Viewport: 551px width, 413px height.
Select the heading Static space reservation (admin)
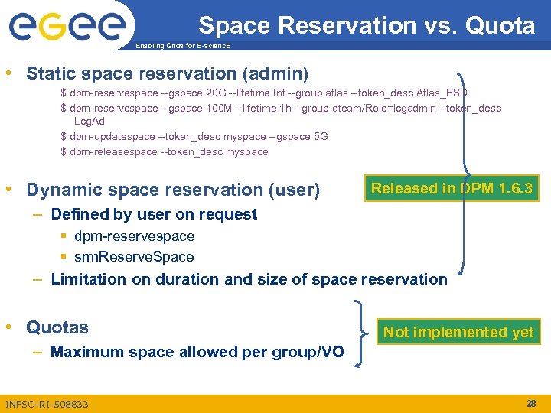[167, 73]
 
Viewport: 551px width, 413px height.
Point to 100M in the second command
[220, 108]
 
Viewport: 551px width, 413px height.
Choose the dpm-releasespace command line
[164, 151]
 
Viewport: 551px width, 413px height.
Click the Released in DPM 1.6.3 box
[451, 188]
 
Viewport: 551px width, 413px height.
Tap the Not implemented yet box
[458, 332]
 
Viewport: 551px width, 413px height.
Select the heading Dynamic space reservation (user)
[173, 189]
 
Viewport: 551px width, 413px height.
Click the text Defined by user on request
[153, 214]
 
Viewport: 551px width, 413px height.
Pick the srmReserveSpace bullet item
[134, 257]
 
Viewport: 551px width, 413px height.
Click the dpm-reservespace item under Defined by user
[134, 236]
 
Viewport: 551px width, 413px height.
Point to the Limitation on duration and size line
[249, 279]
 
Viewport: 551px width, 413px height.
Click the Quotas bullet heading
[57, 327]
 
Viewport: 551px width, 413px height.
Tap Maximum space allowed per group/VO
[197, 352]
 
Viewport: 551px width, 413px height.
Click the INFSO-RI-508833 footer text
[47, 404]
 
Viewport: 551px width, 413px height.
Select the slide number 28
[531, 403]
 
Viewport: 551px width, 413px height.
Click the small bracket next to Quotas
[361, 334]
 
